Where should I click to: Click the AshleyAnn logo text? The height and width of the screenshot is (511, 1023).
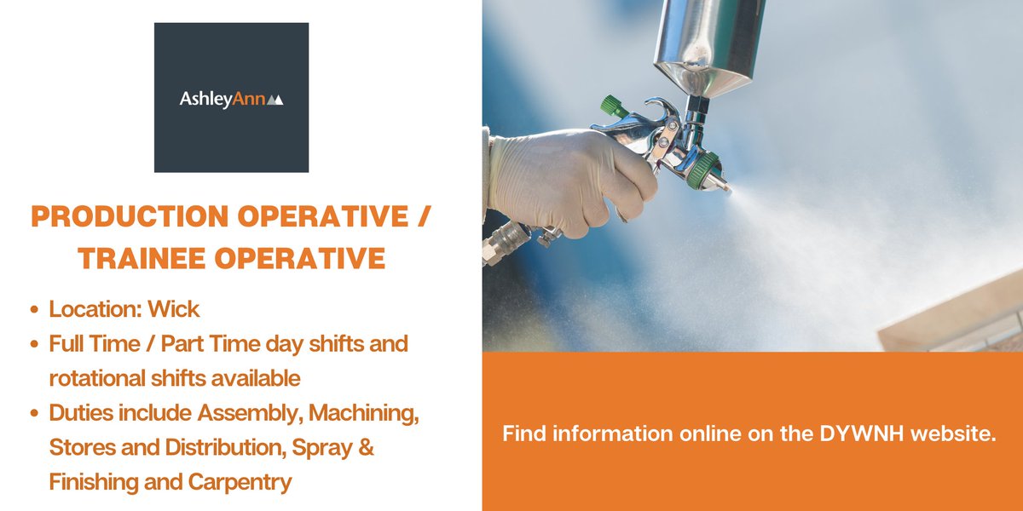point(223,100)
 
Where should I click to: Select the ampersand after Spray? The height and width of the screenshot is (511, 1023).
point(364,447)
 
